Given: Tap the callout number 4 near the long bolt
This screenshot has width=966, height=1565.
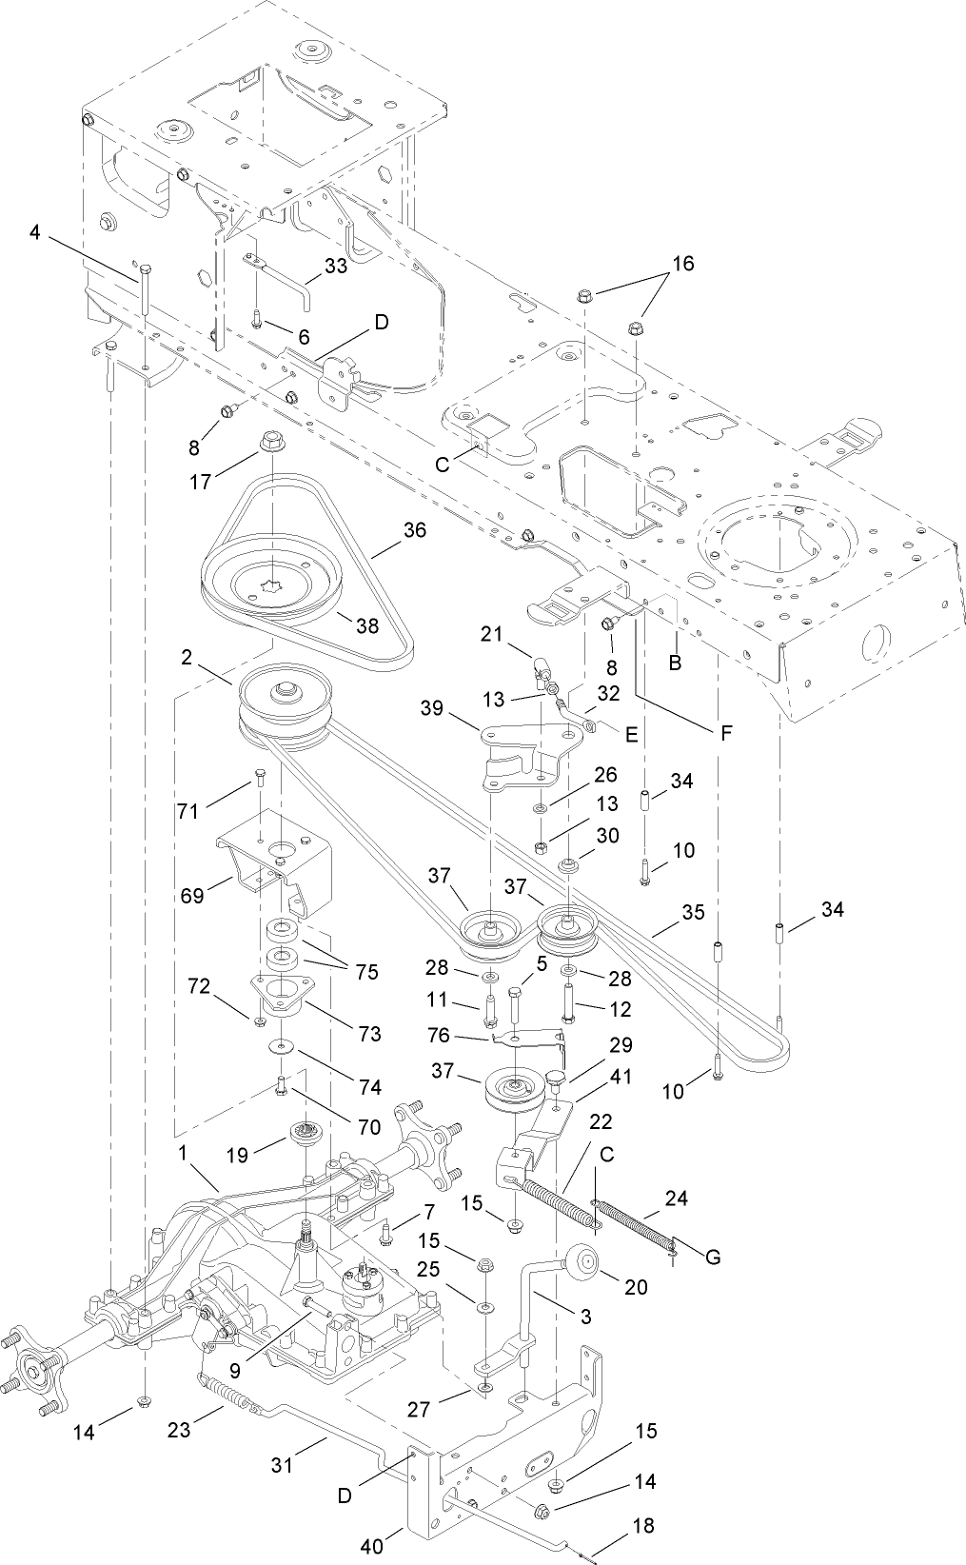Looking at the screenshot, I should coord(34,231).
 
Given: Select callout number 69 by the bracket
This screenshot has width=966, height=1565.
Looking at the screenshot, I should coord(192,896).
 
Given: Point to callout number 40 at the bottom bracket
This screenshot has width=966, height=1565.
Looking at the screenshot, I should coord(371,1546).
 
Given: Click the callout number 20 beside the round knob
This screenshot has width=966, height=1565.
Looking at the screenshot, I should coord(636,1287).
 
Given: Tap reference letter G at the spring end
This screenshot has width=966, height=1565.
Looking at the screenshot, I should coord(712,1257).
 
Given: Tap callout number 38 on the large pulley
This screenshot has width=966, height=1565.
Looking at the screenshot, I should coord(366,625).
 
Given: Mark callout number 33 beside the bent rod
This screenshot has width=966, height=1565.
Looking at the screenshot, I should coord(336,267).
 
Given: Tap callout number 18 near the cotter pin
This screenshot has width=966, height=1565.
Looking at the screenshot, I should coord(642,1525).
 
